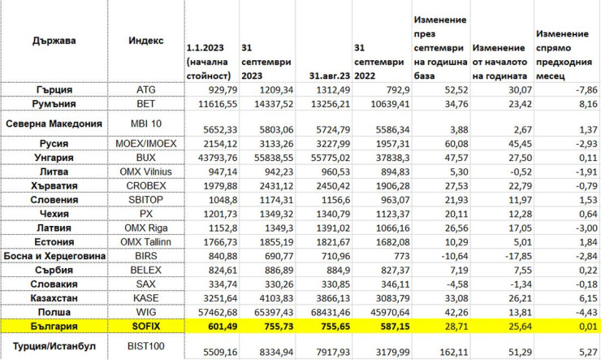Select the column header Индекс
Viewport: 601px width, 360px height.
(x=146, y=41)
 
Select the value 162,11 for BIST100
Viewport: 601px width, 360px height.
(x=443, y=352)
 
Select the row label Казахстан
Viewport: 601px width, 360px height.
(x=55, y=298)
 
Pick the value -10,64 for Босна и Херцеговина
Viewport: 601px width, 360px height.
(x=443, y=257)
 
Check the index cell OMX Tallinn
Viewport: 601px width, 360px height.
(x=152, y=242)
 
